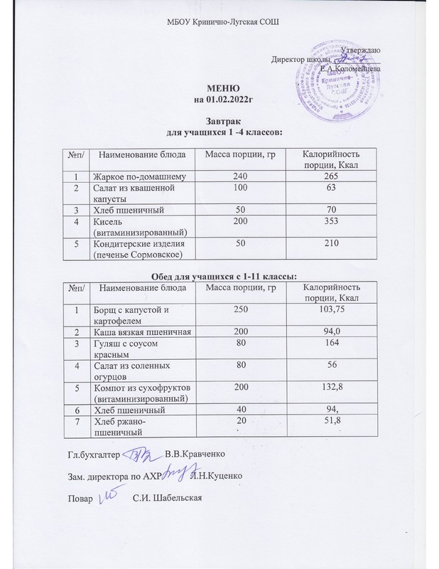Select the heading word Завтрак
[x=220, y=122]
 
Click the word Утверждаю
[x=360, y=49]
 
